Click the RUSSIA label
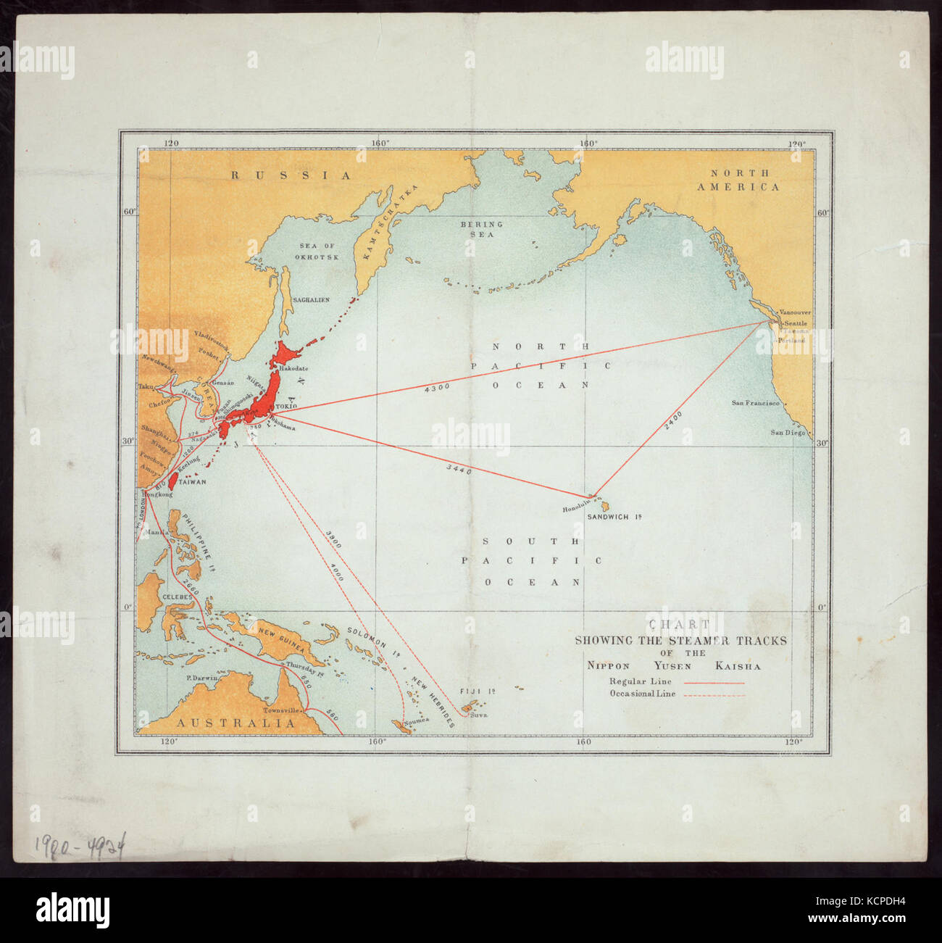point(290,175)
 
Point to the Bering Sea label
point(481,229)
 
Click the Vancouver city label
point(795,312)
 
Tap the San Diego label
point(787,433)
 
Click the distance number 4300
point(437,387)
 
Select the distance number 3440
point(459,470)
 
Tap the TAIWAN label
point(192,482)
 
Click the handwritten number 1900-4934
point(78,844)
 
